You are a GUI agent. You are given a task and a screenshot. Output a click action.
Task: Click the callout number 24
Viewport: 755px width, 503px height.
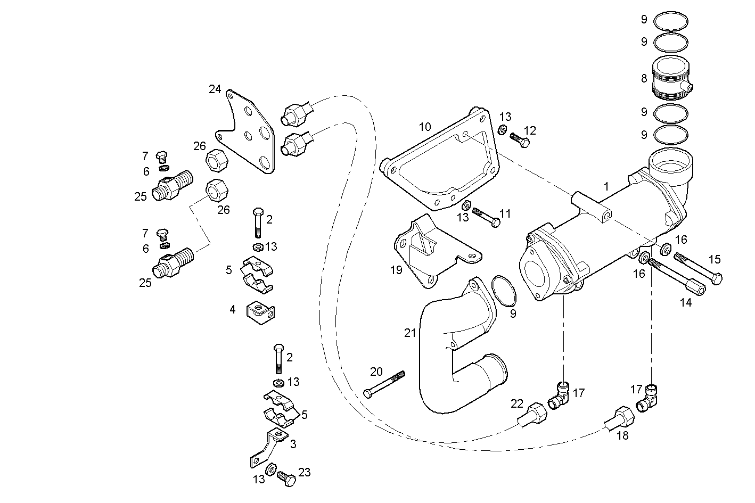(215, 89)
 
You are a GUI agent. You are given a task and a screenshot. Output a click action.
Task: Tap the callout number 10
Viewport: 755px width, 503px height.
(424, 127)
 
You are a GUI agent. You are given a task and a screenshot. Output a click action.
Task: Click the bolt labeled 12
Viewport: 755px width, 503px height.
(520, 139)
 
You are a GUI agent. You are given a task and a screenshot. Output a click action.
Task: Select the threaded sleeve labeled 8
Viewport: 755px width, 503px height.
(671, 78)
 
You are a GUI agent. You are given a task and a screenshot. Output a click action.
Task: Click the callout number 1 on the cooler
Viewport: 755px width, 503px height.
(606, 186)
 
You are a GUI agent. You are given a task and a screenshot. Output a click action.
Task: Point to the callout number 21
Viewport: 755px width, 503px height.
(409, 333)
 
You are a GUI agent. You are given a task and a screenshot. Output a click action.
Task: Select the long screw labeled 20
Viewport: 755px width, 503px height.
(384, 384)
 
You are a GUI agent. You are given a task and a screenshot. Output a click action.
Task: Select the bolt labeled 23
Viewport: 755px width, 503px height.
(286, 479)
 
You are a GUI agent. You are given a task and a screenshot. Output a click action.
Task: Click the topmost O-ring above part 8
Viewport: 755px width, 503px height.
(670, 21)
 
